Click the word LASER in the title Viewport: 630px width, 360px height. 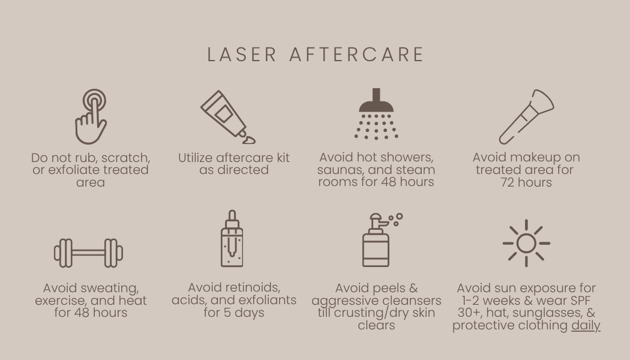point(242,55)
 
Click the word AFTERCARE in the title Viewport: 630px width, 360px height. point(357,55)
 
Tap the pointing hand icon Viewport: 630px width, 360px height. point(91,116)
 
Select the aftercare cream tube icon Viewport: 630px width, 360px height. point(228,117)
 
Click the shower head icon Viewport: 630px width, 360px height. point(376,114)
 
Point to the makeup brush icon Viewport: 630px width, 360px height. point(526,116)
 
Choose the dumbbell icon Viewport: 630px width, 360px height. point(88,253)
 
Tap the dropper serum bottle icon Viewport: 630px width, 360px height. point(232,238)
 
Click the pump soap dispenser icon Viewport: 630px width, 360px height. point(382,240)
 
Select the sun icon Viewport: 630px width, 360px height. point(526,243)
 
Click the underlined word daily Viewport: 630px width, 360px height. point(586,325)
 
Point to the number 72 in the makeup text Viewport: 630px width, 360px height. point(508,182)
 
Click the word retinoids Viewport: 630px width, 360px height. point(254,287)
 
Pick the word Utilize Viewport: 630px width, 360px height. point(196,158)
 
